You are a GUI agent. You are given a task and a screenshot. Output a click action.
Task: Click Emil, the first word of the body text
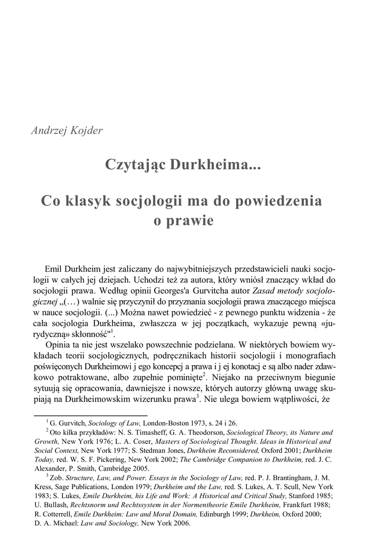54,267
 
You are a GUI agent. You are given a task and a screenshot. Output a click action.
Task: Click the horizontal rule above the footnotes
90,414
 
